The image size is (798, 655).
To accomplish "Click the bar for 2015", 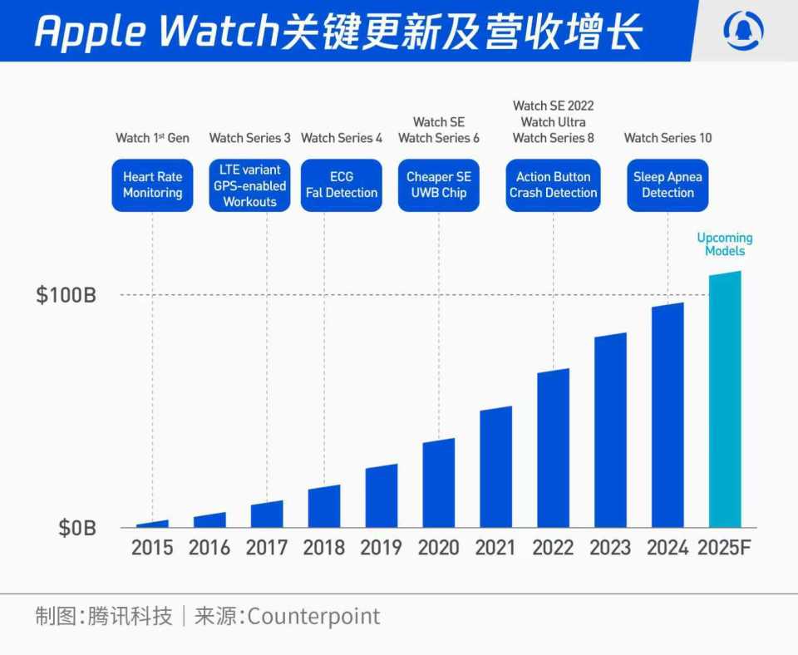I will pos(152,524).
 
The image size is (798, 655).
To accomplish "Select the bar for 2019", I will pos(382,497).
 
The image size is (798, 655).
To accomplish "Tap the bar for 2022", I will pos(553,449).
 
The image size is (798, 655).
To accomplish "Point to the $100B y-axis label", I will pos(66,295).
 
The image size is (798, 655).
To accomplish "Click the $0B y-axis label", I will pos(76,528).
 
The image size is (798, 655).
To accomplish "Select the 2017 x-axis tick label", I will pos(267,548).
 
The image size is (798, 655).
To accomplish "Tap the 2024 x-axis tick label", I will pos(667,548).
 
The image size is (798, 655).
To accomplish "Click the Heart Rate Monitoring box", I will pos(153,185).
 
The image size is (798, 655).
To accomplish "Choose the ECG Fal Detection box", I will pos(341,185).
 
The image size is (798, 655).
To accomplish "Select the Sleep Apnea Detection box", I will pos(667,185).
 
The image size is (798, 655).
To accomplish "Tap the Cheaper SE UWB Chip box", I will pos(438,185).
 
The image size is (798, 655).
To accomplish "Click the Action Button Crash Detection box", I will pos(553,185).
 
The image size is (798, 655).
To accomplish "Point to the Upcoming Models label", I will pos(725,244).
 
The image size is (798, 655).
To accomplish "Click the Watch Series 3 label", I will pos(249,138).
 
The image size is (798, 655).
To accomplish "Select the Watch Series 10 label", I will pos(667,138).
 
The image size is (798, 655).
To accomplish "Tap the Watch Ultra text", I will pos(553,122).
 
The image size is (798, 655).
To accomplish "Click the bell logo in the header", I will pos(744,31).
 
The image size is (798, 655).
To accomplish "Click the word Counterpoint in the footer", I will pos(313,617).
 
